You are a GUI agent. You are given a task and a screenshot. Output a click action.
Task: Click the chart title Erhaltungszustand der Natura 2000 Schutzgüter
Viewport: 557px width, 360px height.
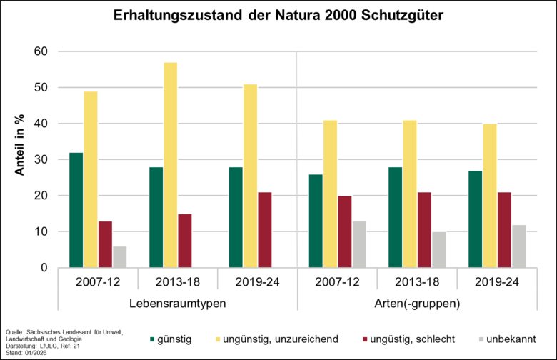(278, 16)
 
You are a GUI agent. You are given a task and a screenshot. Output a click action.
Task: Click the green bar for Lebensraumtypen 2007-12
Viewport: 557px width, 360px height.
(76, 210)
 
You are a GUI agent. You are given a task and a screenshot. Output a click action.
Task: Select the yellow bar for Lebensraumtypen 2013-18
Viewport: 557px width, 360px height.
(171, 165)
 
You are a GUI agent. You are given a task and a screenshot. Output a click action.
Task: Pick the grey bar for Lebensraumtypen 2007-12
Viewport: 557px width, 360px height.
(120, 257)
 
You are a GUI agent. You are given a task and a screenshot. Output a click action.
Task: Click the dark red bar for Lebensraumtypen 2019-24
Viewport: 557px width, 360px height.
(265, 230)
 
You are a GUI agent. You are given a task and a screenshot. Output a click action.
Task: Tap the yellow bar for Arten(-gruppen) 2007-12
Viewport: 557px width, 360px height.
(330, 194)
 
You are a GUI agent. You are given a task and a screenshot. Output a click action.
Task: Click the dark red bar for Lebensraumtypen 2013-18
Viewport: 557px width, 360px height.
(185, 241)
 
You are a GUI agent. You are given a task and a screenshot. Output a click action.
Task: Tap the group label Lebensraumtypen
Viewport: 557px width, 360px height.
(178, 303)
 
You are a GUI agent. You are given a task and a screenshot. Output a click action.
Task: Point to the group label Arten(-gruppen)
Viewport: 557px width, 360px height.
(416, 303)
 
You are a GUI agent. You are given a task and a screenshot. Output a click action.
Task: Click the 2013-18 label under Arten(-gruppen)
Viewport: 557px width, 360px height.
(416, 281)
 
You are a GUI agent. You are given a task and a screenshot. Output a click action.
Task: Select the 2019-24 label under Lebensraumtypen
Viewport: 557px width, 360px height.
(257, 281)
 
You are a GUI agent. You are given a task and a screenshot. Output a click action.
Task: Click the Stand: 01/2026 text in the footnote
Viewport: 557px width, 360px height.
(24, 354)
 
